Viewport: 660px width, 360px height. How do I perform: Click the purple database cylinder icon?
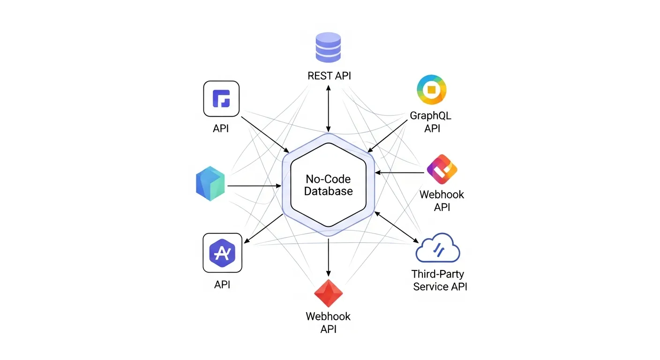329,47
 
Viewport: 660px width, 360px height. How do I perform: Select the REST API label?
329,75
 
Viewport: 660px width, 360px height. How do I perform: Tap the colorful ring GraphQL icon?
431,90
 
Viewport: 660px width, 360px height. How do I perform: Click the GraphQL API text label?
431,121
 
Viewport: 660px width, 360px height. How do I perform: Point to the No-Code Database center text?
328,185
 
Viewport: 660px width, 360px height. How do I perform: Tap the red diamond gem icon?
328,293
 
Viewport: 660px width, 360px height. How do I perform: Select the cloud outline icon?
438,249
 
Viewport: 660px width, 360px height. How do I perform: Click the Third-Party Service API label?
440,280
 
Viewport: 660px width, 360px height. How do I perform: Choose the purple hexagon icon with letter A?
222,253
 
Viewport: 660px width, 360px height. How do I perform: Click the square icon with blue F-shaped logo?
221,98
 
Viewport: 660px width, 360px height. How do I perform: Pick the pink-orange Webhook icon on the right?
442,169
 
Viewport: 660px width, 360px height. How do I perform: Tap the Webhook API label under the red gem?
328,322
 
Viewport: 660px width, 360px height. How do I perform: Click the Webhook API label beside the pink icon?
442,200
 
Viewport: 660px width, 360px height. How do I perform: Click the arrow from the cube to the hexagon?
254,186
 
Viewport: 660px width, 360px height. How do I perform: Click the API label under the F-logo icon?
221,128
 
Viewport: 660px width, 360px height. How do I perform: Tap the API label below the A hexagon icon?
222,285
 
